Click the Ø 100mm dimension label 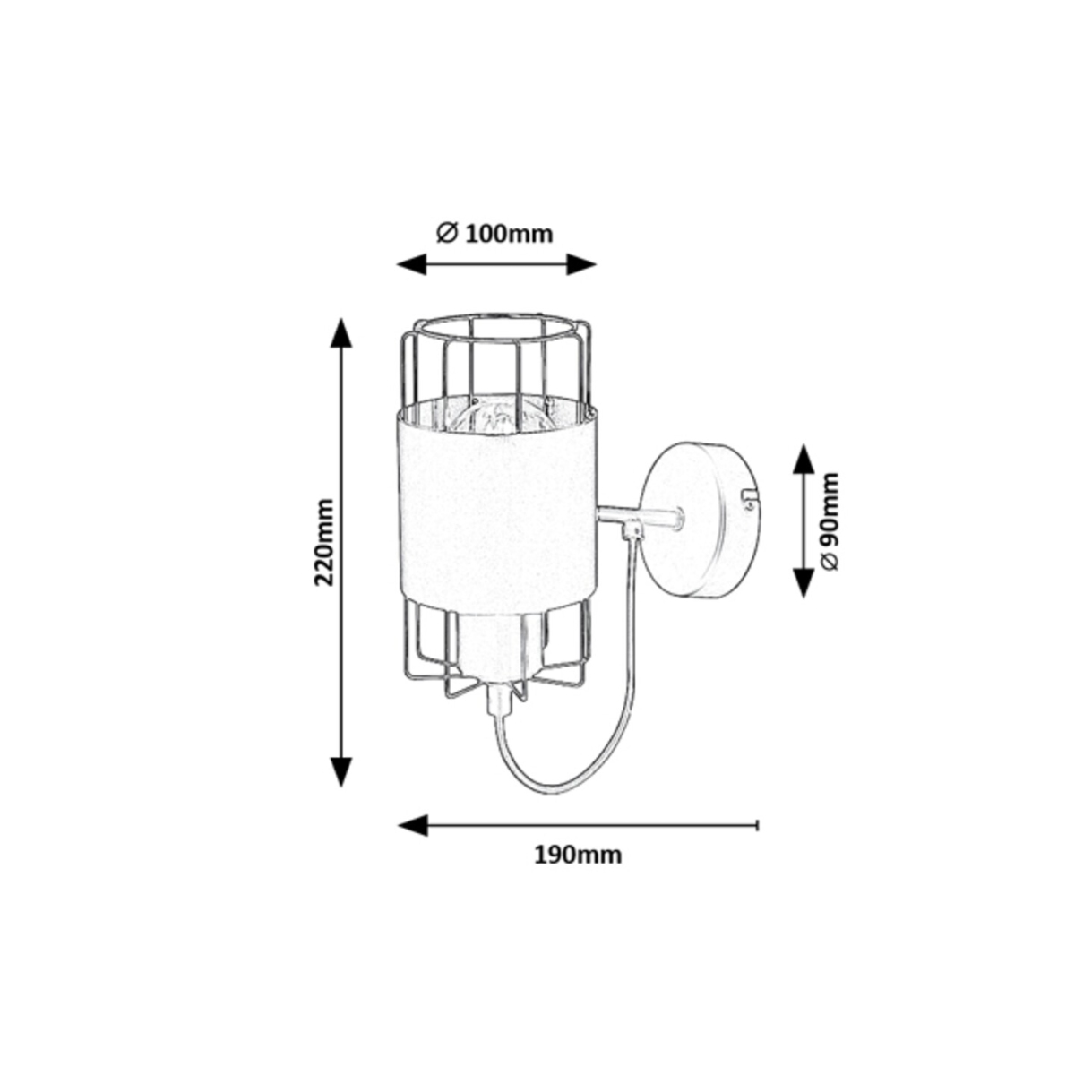pyautogui.click(x=494, y=235)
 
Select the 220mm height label pyautogui.click(x=324, y=542)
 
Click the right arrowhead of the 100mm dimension pyautogui.click(x=581, y=264)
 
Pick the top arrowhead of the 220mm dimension pyautogui.click(x=341, y=333)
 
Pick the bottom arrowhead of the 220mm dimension pyautogui.click(x=341, y=771)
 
